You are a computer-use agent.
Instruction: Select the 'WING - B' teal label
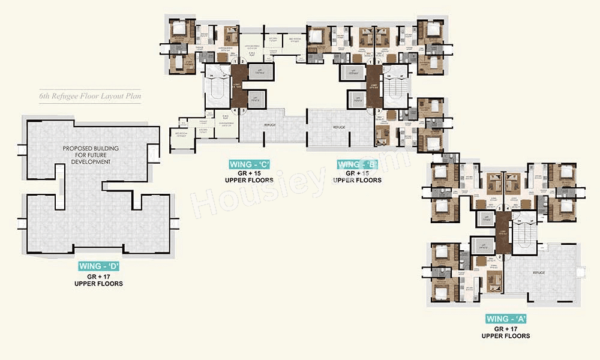(358, 164)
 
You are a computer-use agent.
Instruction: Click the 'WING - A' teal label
(506, 319)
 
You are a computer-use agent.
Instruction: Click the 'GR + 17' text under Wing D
(99, 276)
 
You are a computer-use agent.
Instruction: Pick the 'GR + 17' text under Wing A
(506, 329)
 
